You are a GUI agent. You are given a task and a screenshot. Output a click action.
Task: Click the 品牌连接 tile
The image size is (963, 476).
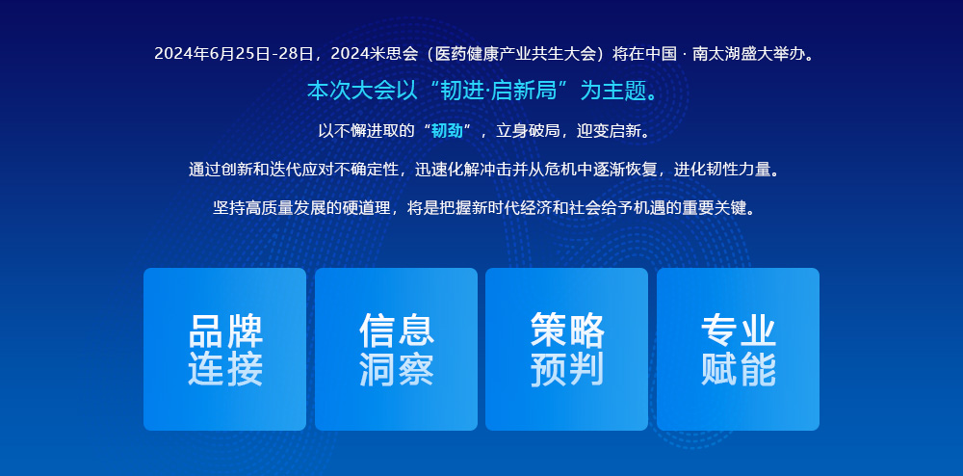pyautogui.click(x=224, y=349)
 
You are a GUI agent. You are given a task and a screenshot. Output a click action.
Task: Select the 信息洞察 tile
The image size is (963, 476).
pyautogui.click(x=396, y=349)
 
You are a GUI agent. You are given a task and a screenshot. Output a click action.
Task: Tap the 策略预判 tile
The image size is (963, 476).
pyautogui.click(x=566, y=349)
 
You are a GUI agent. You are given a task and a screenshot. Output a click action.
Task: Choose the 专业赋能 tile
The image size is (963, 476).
pyautogui.click(x=738, y=349)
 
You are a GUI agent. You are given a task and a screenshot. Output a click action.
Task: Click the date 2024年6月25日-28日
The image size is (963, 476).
pyautogui.click(x=234, y=54)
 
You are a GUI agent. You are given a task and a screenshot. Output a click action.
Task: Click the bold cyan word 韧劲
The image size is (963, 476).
pyautogui.click(x=447, y=131)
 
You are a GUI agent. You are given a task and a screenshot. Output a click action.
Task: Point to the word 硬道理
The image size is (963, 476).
pyautogui.click(x=366, y=207)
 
